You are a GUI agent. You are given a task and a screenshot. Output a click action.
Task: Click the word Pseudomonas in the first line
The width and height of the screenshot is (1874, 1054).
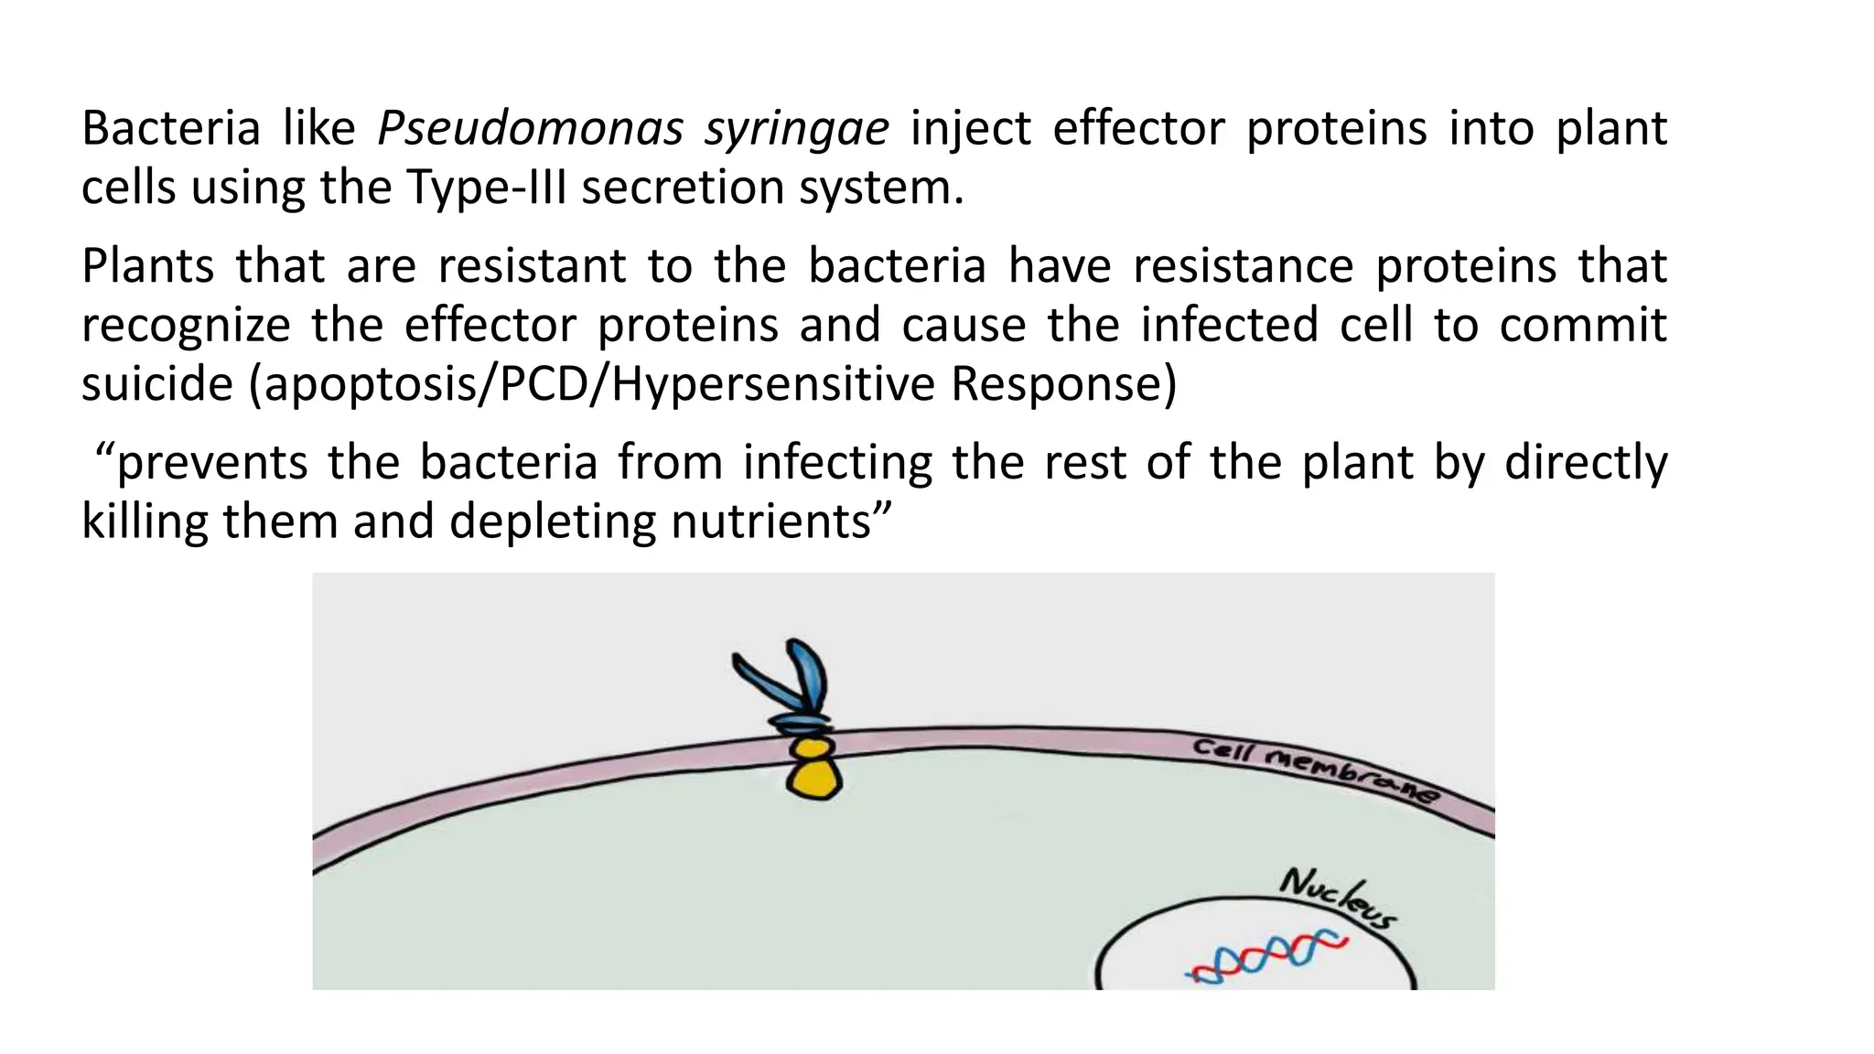pyautogui.click(x=530, y=128)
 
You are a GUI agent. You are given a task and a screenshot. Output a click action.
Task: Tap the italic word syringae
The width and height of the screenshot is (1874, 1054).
pyautogui.click(x=796, y=128)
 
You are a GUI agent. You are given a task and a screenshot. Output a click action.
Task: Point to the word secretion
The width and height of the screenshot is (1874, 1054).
pyautogui.click(x=683, y=188)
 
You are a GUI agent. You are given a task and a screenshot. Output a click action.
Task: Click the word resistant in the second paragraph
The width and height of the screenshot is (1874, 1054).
pyautogui.click(x=532, y=266)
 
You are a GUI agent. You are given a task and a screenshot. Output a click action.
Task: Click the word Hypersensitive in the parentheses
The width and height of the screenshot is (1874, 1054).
pyautogui.click(x=772, y=384)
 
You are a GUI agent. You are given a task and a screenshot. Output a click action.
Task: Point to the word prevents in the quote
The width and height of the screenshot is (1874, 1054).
pyautogui.click(x=211, y=463)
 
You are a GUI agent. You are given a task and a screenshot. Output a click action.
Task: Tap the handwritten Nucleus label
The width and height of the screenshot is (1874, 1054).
pyautogui.click(x=1338, y=896)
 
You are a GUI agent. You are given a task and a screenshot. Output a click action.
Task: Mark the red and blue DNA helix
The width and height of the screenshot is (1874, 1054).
pyautogui.click(x=1268, y=956)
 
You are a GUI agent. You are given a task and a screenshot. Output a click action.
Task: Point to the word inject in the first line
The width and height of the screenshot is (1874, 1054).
pyautogui.click(x=970, y=128)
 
